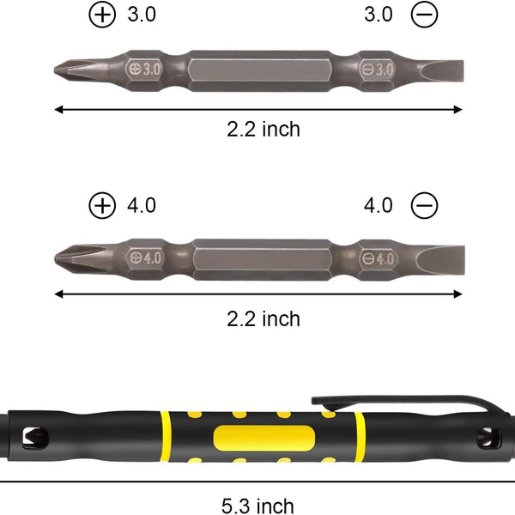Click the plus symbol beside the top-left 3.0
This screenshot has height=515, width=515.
click(x=102, y=15)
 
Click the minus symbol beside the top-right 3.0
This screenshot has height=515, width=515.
click(x=424, y=15)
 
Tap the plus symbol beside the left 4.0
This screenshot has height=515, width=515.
click(x=102, y=205)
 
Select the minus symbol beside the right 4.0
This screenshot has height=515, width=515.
click(x=424, y=205)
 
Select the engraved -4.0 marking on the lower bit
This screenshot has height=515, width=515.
click(x=378, y=257)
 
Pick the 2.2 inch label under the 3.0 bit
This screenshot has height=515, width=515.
click(x=264, y=130)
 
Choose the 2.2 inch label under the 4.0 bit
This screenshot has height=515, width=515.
click(x=264, y=318)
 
